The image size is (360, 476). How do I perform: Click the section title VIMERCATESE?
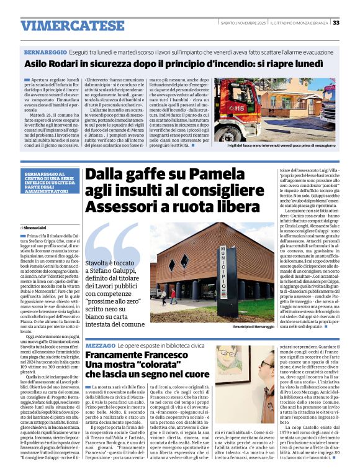pyautogui.click(x=64, y=26)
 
